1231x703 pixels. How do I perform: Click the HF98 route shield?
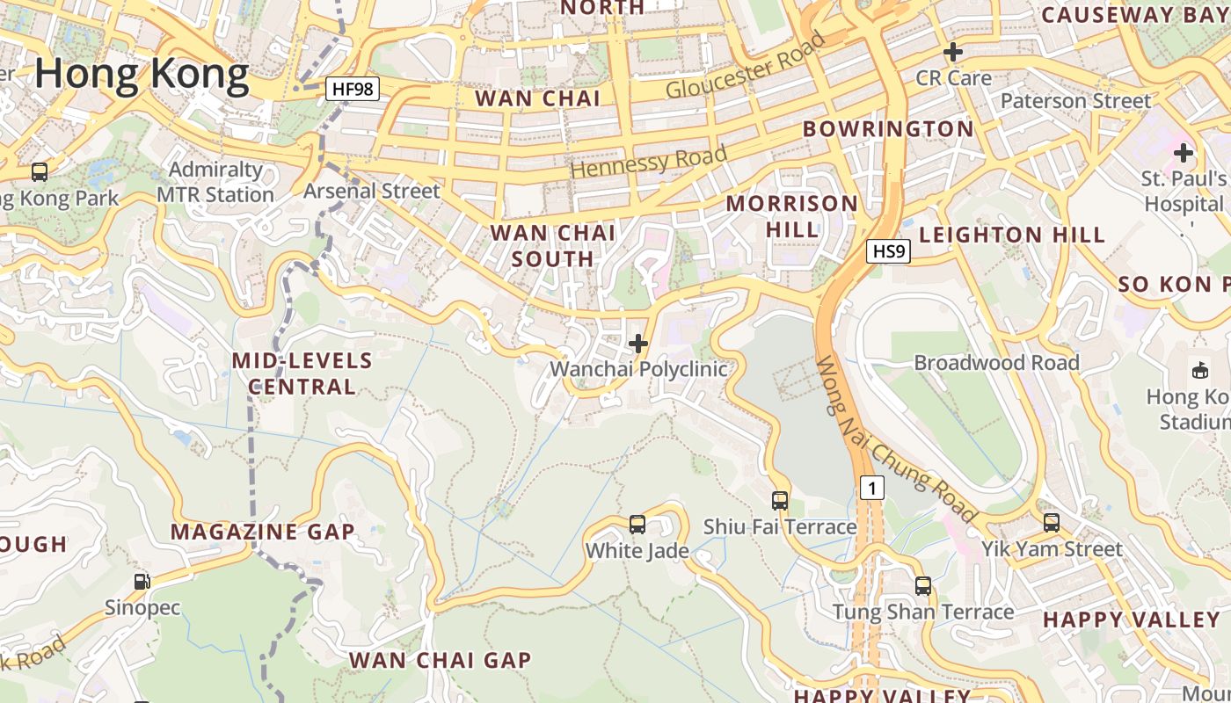click(352, 89)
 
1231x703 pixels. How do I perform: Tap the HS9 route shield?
click(887, 252)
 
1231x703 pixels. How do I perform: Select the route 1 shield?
click(871, 488)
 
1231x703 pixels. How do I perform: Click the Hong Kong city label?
click(142, 74)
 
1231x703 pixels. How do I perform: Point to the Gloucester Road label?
click(746, 66)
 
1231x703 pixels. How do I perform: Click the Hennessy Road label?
click(649, 162)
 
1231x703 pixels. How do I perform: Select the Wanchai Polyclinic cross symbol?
click(639, 344)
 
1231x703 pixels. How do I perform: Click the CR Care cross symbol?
click(952, 53)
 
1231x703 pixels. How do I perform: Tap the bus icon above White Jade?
click(637, 525)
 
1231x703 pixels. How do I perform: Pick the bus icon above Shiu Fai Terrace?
click(780, 501)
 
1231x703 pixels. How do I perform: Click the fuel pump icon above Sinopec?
click(142, 581)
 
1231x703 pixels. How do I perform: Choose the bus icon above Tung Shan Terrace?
click(923, 585)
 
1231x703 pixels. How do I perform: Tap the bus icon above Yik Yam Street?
click(1052, 523)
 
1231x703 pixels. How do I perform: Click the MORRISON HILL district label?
click(791, 216)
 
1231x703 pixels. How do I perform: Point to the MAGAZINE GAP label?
click(262, 532)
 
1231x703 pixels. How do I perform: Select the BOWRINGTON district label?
click(888, 129)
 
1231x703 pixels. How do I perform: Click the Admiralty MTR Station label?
click(215, 182)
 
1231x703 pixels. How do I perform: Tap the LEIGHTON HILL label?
click(1012, 235)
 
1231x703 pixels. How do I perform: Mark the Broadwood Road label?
click(996, 362)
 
